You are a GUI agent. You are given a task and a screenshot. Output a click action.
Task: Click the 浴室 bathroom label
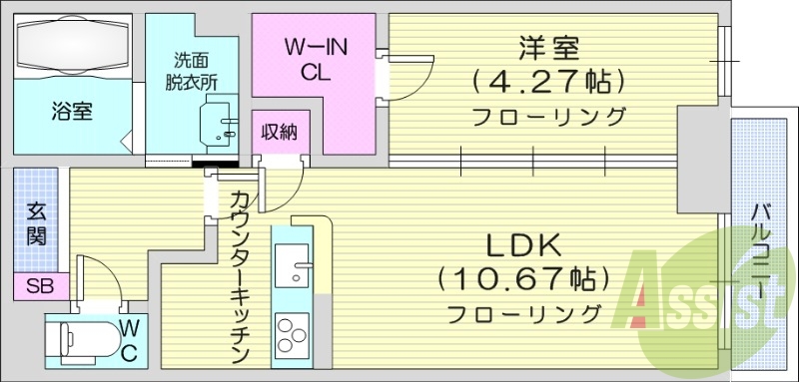(72, 112)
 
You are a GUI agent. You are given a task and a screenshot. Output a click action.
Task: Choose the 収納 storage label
(279, 132)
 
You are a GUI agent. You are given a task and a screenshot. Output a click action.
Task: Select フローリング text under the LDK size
(523, 315)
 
